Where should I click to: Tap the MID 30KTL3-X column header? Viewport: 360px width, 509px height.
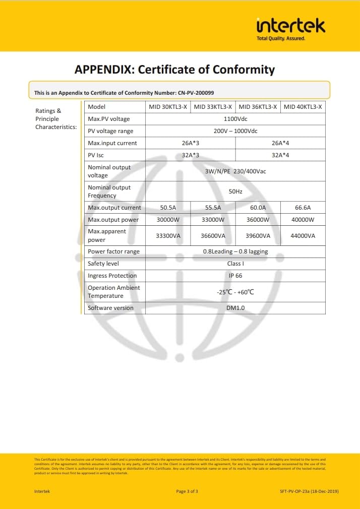[x=168, y=107]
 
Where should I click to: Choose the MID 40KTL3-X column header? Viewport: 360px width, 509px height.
[x=303, y=107]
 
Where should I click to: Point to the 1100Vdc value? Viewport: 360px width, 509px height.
[x=235, y=119]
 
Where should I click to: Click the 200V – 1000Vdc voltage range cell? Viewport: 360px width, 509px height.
[x=235, y=131]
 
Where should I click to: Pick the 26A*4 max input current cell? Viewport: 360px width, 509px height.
[x=280, y=143]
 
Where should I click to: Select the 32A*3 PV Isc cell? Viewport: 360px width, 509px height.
[x=191, y=155]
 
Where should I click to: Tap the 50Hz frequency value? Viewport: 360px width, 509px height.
[x=235, y=192]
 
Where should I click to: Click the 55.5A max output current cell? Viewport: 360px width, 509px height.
[x=213, y=208]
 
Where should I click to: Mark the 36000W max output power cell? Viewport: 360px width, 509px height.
[x=258, y=220]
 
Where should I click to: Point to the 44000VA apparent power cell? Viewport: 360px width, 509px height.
[x=303, y=236]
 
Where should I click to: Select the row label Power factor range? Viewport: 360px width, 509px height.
[x=113, y=251]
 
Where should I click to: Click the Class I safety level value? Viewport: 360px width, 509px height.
[x=235, y=264]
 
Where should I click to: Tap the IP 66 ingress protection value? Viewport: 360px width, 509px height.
[x=235, y=276]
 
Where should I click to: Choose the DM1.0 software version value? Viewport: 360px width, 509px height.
[x=235, y=308]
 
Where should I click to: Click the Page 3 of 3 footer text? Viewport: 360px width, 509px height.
[x=187, y=491]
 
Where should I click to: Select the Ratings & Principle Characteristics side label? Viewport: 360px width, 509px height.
[x=55, y=119]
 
